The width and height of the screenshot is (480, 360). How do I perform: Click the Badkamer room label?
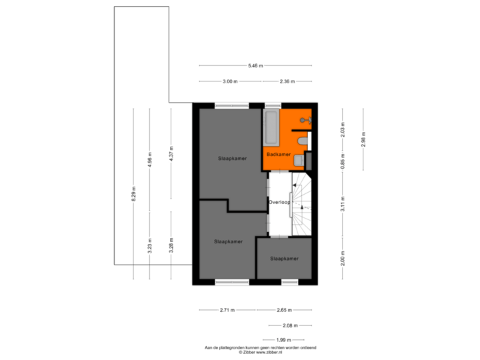pyautogui.click(x=279, y=154)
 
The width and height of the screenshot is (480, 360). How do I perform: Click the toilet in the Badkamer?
pyautogui.click(x=303, y=141)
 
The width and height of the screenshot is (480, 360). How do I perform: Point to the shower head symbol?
pyautogui.click(x=304, y=120)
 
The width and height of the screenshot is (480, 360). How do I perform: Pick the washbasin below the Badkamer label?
pyautogui.click(x=299, y=160)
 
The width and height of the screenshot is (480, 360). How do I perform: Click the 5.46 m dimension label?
pyautogui.click(x=255, y=65)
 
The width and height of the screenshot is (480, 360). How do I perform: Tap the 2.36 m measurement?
pyautogui.click(x=287, y=81)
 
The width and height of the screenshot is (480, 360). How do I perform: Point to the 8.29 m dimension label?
pyautogui.click(x=133, y=193)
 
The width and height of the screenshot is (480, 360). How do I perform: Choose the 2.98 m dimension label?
pyautogui.click(x=363, y=138)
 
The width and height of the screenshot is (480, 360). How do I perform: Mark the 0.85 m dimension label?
pyautogui.click(x=343, y=161)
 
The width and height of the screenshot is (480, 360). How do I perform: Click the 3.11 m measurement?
pyautogui.click(x=343, y=203)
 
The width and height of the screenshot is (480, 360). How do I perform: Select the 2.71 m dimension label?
pyautogui.click(x=227, y=310)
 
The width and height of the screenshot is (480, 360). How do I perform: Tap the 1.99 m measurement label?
pyautogui.click(x=282, y=340)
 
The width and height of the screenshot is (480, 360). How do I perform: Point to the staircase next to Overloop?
pyautogui.click(x=302, y=203)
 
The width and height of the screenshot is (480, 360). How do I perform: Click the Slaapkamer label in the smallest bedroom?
pyautogui.click(x=284, y=258)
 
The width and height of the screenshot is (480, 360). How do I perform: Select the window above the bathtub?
pyautogui.click(x=273, y=105)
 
